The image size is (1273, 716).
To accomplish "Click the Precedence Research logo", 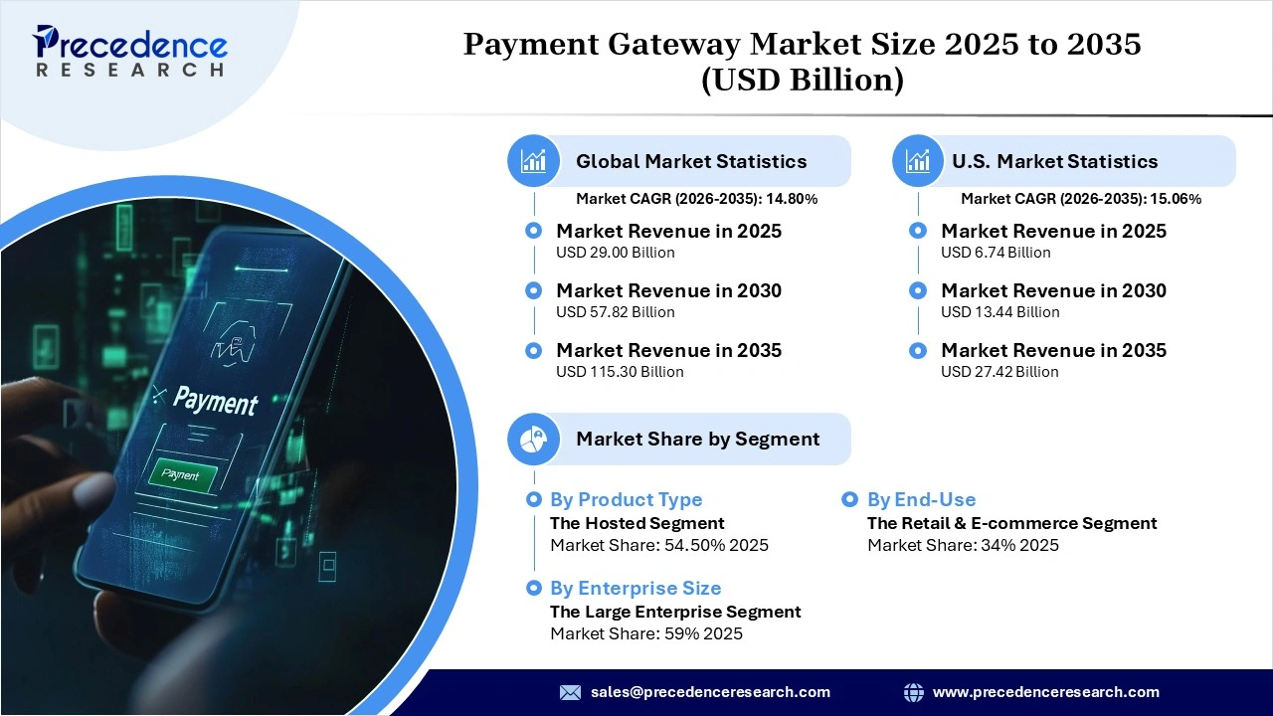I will coord(130,51).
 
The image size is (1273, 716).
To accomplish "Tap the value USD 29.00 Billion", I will coord(615,253).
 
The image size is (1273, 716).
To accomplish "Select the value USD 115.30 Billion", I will coord(620,372).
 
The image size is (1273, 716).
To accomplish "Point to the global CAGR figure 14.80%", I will coord(790,199).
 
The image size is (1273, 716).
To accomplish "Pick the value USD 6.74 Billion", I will coord(996,253).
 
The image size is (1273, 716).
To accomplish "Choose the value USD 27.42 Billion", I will coord(1000,372).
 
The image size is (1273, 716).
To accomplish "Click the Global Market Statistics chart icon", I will coord(534,161).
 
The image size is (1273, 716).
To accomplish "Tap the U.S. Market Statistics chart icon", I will coord(918,161).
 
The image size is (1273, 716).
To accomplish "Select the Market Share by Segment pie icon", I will coord(534,439).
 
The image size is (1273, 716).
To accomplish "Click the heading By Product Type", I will coord(626,499).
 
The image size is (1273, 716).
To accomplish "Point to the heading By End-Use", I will coord(921,499).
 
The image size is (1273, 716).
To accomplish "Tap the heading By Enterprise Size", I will coord(636,588).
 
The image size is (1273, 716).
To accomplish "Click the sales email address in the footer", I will coord(710,692).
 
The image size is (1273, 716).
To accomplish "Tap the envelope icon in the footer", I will coord(570,692).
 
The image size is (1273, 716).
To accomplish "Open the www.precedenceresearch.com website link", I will coord(1045,692).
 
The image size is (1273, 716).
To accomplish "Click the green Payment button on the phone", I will coord(181,475).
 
